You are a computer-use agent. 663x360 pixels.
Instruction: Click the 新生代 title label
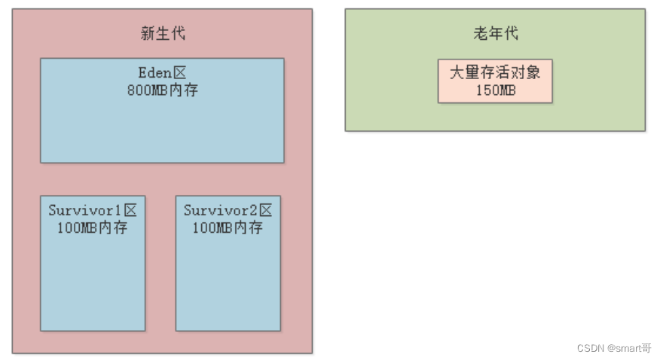(163, 33)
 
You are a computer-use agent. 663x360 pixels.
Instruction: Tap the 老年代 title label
(495, 33)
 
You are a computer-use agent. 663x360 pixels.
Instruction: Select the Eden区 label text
(162, 73)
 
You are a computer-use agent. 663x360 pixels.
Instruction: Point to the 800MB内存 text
(162, 90)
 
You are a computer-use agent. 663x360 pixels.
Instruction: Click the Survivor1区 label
(93, 210)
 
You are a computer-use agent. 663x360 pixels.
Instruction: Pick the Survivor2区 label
(228, 210)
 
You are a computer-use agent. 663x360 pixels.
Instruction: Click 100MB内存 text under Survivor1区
(93, 227)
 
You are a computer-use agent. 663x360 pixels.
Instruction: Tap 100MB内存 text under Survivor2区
(228, 227)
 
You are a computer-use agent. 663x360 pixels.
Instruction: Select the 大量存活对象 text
(495, 72)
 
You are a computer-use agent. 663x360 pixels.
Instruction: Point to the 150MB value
(495, 90)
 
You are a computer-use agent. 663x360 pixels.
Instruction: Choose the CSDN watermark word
(591, 348)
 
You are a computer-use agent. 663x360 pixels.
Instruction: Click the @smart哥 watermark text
(630, 348)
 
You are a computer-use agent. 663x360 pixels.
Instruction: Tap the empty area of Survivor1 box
(93, 286)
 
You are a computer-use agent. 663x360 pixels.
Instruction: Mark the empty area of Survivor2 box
(228, 286)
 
